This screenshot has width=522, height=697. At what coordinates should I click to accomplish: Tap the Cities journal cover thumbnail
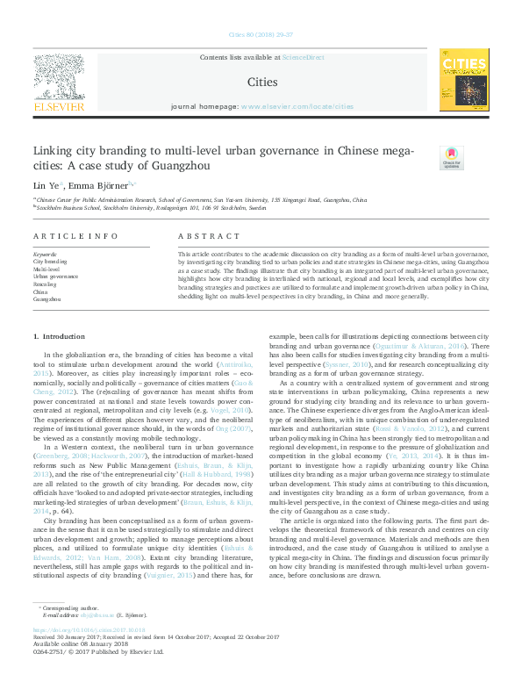coord(464,80)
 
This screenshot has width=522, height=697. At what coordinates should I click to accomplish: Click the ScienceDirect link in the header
coord(303,56)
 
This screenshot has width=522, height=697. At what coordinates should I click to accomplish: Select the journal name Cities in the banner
coord(261,82)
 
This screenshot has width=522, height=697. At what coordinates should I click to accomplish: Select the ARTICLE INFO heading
coord(75,237)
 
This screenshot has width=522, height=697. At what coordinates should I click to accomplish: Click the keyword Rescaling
coord(46,284)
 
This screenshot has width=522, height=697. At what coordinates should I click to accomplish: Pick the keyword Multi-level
coord(46,269)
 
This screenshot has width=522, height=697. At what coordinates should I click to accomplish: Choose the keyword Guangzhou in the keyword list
coord(47,299)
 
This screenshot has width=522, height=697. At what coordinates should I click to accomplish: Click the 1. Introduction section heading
coord(59,337)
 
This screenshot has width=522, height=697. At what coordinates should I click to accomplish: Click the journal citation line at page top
coord(261,36)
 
